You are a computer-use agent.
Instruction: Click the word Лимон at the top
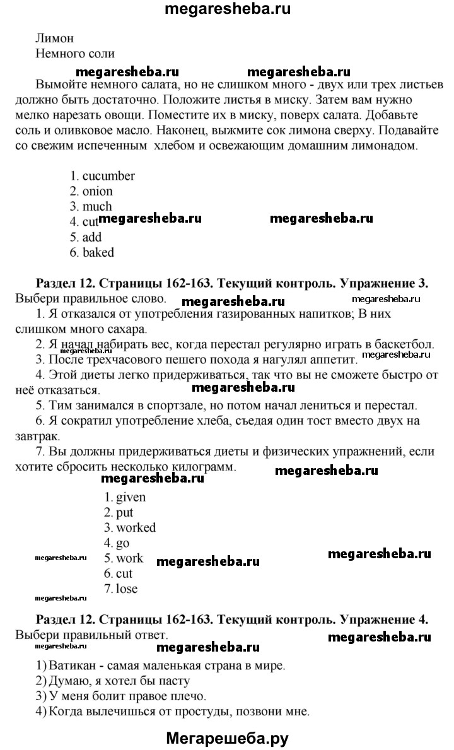55,38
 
